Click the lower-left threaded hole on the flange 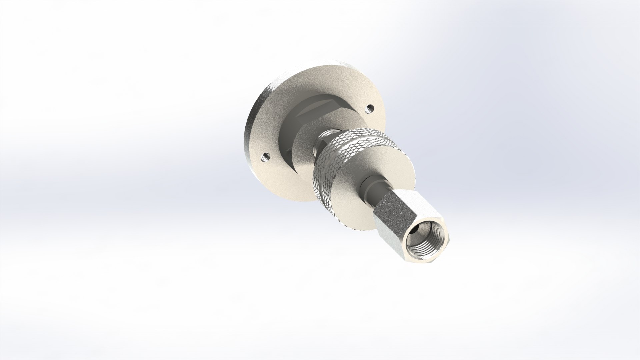click(266, 156)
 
